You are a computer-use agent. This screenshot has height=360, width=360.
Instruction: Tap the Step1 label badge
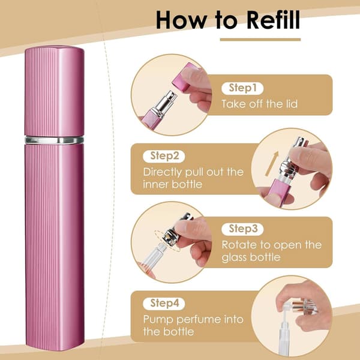(242, 88)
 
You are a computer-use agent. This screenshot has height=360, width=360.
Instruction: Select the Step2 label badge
(164, 156)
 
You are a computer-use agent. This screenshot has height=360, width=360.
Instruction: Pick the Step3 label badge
(242, 229)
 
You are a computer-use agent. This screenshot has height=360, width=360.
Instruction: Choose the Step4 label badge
(164, 303)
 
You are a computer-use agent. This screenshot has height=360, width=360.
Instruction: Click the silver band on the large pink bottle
(54, 140)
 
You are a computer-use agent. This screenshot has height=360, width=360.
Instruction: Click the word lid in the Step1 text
(291, 104)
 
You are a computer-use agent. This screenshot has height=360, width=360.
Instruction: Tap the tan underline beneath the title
(260, 40)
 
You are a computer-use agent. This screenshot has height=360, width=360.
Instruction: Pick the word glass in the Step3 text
(233, 257)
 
